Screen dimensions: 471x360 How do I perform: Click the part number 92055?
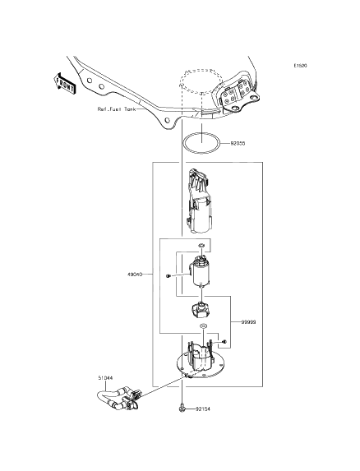click(238, 143)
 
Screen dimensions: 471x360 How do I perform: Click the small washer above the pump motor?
click(201, 246)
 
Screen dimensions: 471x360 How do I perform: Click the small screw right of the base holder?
click(224, 339)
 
